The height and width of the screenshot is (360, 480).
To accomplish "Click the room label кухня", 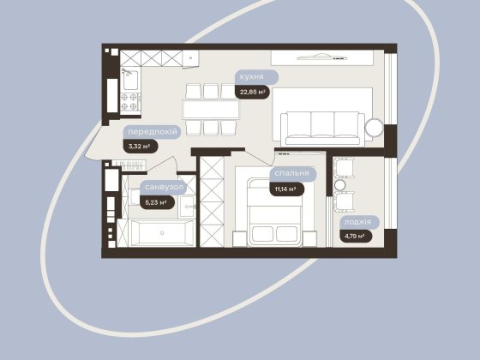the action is point(256,77).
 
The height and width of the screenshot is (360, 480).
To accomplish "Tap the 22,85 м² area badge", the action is point(252,93).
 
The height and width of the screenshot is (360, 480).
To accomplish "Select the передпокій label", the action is point(153,132).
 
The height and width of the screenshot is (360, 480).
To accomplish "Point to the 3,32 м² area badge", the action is point(141,147).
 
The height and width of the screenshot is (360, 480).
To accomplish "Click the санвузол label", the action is point(164,187).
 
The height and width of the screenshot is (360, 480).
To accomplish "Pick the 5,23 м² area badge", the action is point(157,202).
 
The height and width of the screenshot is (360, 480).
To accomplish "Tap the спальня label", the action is point(292,173).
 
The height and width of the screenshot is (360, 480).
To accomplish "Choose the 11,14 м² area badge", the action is point(286,189).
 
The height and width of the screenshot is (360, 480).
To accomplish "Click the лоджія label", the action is point(359,222).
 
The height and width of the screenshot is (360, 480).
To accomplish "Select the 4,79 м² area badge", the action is point(356,236).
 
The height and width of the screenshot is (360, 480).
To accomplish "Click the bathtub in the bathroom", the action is point(162,233).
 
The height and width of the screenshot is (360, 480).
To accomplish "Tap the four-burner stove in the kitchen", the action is point(129,102).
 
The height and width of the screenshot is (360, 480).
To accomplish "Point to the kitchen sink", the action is point(130,79).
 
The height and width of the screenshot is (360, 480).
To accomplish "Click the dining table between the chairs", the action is point(211,110).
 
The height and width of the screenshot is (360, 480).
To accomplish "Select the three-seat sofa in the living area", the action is point(322,129).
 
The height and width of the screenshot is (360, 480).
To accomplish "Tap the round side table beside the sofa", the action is point(374,128).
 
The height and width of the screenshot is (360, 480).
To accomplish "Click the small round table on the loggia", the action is point(339,185).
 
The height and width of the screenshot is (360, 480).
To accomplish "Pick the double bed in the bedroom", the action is point(275,213).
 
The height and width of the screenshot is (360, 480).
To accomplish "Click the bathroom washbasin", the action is point(187,207).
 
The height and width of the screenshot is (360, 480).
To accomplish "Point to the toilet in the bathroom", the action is point(135,196).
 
